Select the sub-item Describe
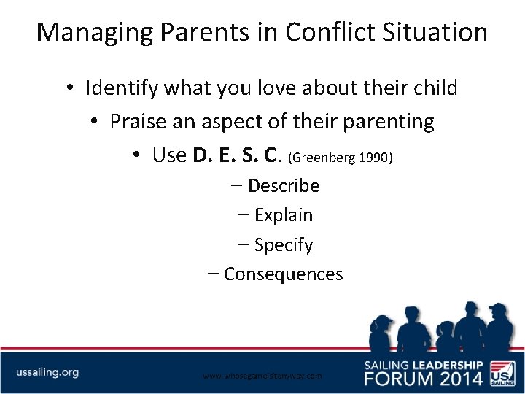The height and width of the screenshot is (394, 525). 283,186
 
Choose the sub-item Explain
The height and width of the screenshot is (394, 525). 283,215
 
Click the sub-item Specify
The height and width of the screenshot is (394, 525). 283,245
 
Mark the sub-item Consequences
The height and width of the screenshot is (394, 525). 283,274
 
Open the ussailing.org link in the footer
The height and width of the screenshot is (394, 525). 47,372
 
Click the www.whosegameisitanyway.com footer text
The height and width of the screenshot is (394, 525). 262,376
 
